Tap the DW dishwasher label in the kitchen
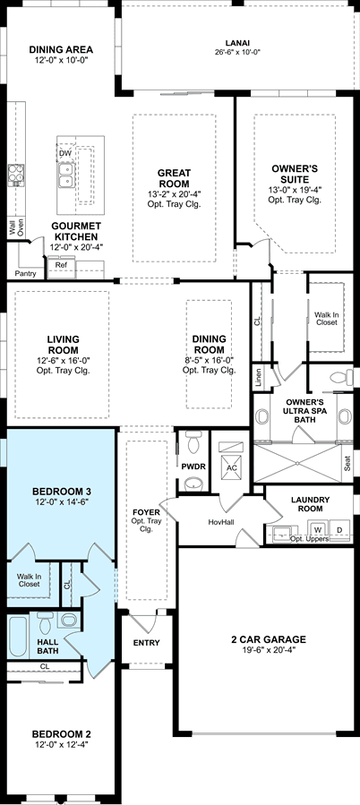[65, 153]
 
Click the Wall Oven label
[16, 228]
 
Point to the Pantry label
[26, 274]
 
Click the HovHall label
[221, 522]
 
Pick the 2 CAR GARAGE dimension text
[268, 649]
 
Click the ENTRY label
[146, 642]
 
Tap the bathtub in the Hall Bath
[17, 637]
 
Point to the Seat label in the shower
[347, 464]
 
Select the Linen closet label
[258, 377]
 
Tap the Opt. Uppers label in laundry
[309, 539]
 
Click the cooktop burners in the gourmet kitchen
[16, 175]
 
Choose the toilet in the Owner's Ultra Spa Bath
[341, 377]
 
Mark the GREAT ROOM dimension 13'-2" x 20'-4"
[174, 193]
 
